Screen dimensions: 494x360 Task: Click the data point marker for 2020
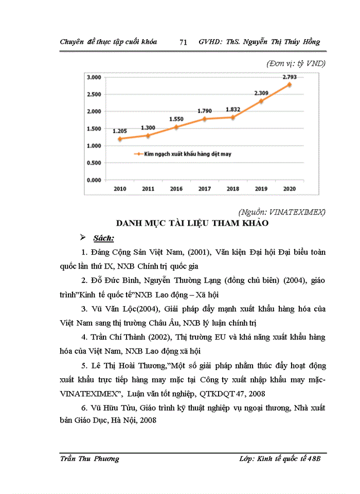(289, 84)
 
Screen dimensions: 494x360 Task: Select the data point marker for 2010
(120, 139)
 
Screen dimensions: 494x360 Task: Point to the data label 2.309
(262, 93)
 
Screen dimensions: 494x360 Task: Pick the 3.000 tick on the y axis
(94, 77)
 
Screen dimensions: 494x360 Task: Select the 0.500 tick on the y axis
(94, 163)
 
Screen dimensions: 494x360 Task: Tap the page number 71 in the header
(183, 42)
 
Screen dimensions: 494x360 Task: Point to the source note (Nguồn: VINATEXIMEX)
(282, 211)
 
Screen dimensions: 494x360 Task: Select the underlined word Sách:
(104, 239)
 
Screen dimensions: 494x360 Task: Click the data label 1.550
(176, 119)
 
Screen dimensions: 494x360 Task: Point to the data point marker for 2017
(205, 119)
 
